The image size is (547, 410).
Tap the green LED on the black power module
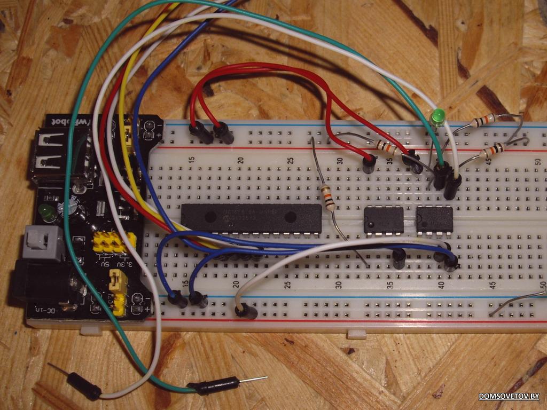46,211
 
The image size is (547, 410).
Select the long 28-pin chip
251,218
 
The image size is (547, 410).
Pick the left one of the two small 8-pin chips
384,219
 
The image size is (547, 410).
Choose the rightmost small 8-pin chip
434,219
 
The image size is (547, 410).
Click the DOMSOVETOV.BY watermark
509,396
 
